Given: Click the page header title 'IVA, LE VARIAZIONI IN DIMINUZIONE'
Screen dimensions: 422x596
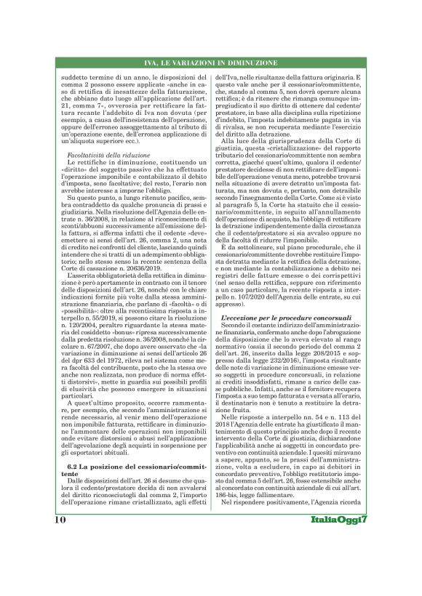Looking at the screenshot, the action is pos(211,65).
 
